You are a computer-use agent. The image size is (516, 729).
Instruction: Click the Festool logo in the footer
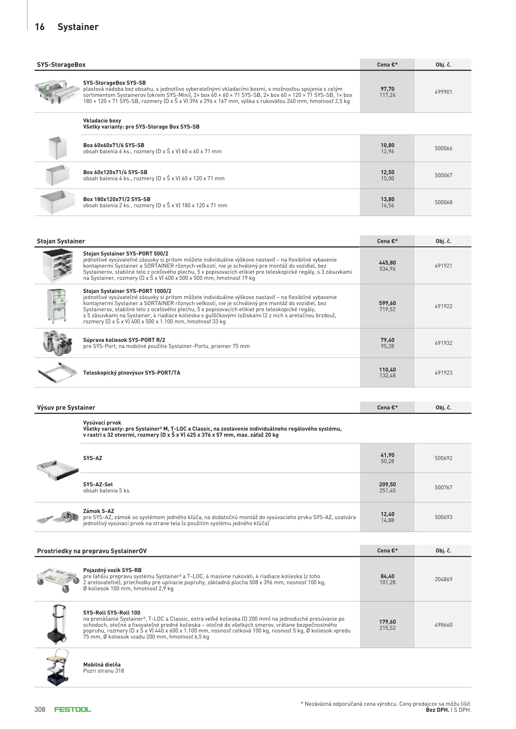(x=73, y=709)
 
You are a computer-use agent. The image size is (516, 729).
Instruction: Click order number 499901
(x=443, y=92)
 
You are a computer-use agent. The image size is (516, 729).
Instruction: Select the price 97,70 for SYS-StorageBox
(x=387, y=89)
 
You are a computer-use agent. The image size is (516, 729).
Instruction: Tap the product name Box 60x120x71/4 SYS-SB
(x=115, y=172)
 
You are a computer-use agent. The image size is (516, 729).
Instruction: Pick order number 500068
(x=443, y=202)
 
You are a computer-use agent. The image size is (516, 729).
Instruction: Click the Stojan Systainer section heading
(x=61, y=241)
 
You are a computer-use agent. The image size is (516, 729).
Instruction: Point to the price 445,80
(x=387, y=263)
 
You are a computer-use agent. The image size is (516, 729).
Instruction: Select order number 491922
(x=443, y=306)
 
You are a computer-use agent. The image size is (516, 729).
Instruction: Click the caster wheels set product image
(x=57, y=343)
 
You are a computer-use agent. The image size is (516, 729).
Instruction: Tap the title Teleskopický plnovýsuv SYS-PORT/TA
(x=132, y=373)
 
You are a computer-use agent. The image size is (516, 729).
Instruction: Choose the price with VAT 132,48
(x=387, y=375)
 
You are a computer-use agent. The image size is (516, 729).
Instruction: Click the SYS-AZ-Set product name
(x=98, y=484)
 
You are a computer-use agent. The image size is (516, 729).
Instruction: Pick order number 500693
(x=443, y=517)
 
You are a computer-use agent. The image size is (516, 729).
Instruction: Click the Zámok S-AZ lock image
(x=57, y=517)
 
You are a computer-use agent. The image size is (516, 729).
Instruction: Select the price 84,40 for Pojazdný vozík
(x=387, y=576)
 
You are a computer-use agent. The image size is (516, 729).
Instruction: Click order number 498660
(x=443, y=625)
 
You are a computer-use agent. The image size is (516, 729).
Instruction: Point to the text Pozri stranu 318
(x=104, y=671)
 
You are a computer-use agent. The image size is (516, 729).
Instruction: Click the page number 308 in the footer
(x=40, y=709)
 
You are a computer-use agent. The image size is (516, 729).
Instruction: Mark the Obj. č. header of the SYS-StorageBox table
(x=443, y=64)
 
